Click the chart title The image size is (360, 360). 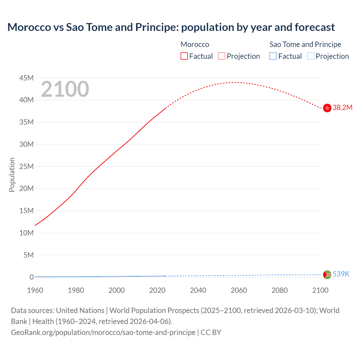pyautogui.click(x=171, y=27)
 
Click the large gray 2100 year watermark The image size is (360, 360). pyautogui.click(x=65, y=89)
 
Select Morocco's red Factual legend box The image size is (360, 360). pyautogui.click(x=184, y=56)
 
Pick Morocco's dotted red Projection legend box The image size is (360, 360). pyautogui.click(x=222, y=56)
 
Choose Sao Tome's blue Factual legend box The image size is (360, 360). pyautogui.click(x=273, y=56)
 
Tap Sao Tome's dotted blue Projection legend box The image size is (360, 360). pyautogui.click(x=310, y=56)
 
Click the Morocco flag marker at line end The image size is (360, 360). pyautogui.click(x=327, y=108)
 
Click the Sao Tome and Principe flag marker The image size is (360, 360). pyautogui.click(x=327, y=274)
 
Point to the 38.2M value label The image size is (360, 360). pyautogui.click(x=342, y=108)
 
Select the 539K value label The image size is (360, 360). pyautogui.click(x=341, y=274)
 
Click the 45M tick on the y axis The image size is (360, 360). pyautogui.click(x=26, y=78)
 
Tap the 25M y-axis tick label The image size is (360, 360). pyautogui.click(x=26, y=166)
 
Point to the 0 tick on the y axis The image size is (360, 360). pyautogui.click(x=31, y=277)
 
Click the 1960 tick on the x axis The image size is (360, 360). pyautogui.click(x=35, y=290)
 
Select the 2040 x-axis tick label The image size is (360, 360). pyautogui.click(x=198, y=290)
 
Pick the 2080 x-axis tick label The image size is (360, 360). pyautogui.click(x=280, y=290)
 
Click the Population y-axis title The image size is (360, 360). pyautogui.click(x=12, y=175)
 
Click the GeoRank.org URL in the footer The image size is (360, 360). pyautogui.click(x=103, y=332)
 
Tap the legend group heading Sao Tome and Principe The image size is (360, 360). pyautogui.click(x=305, y=44)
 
